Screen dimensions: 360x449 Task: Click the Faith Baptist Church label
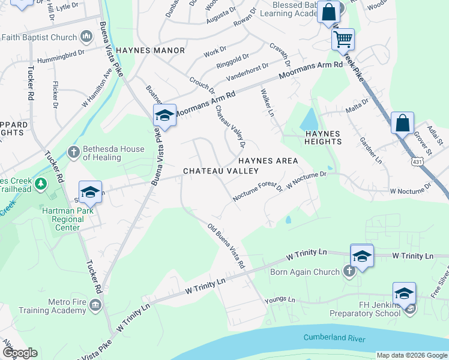click(x=39, y=37)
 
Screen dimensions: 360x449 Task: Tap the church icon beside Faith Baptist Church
click(x=86, y=37)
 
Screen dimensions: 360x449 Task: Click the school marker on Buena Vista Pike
click(x=164, y=115)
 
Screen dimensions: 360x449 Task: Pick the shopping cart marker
click(x=343, y=40)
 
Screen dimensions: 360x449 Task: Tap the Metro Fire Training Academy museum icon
click(x=95, y=307)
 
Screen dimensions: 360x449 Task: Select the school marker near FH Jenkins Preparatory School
click(x=404, y=294)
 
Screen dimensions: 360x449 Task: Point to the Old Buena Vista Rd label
click(x=226, y=246)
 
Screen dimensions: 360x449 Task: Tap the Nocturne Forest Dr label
click(x=258, y=192)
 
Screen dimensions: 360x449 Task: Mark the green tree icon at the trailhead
click(x=40, y=183)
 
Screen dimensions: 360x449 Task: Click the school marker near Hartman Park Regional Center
click(x=90, y=193)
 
